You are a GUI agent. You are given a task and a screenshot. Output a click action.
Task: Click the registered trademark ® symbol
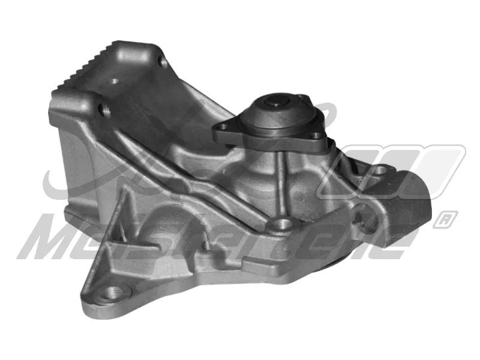pyautogui.click(x=446, y=218)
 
